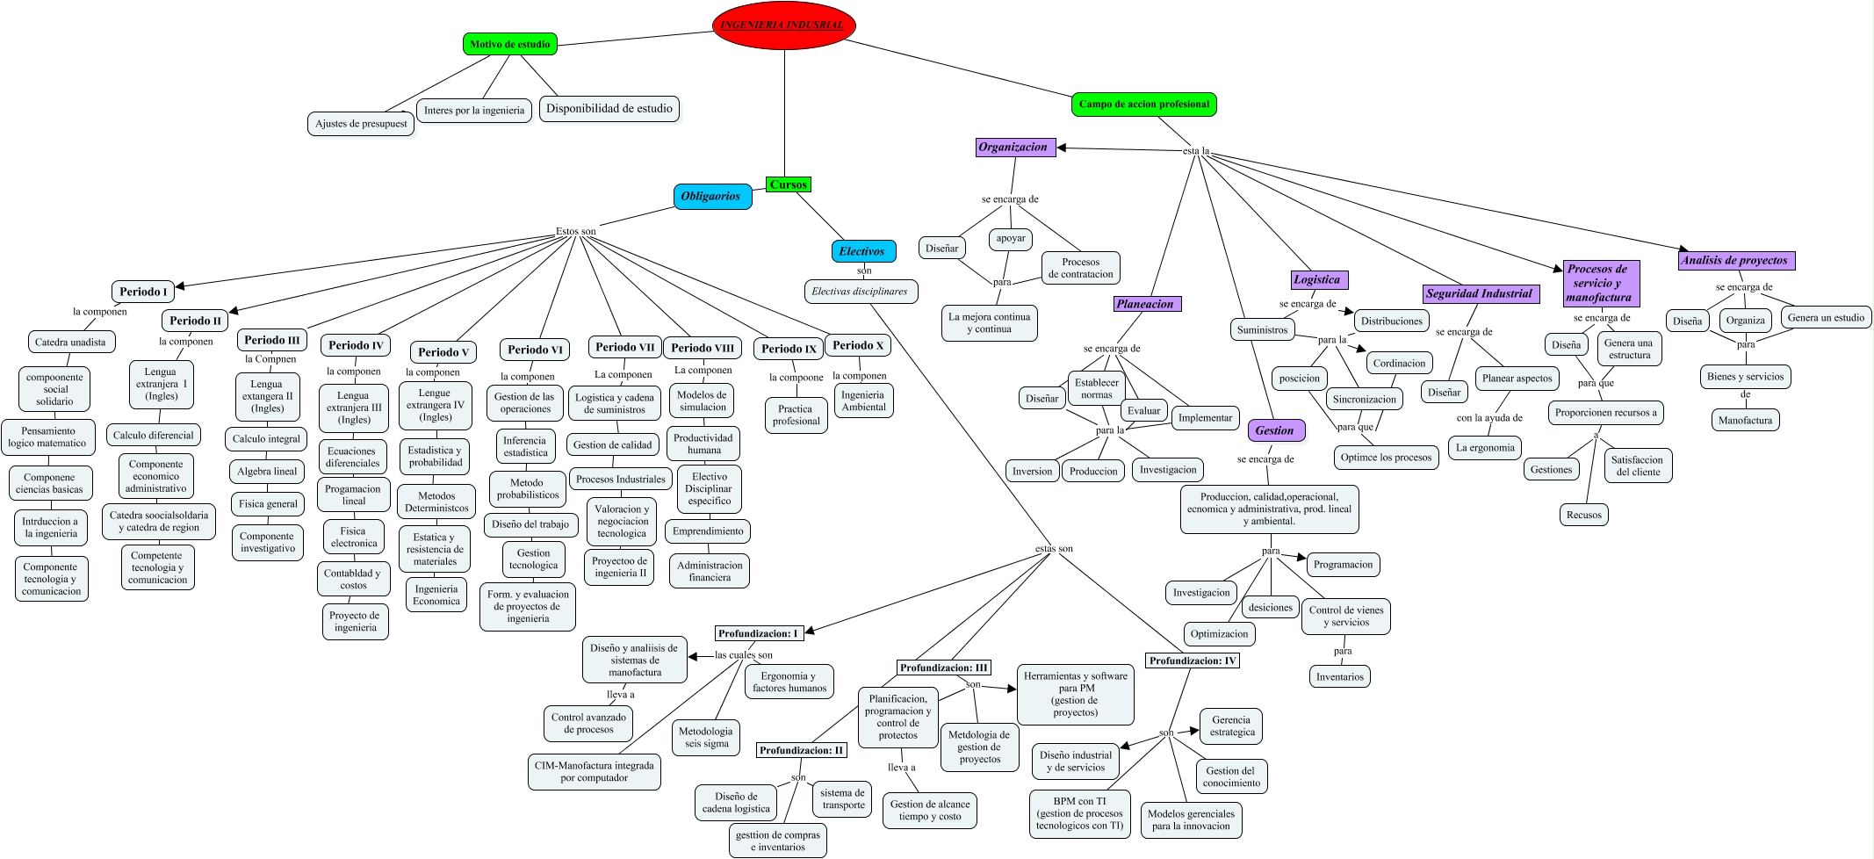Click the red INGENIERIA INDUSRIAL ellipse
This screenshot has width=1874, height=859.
pyautogui.click(x=783, y=25)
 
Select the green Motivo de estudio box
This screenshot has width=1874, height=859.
pyautogui.click(x=509, y=44)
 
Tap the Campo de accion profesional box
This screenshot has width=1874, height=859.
pyautogui.click(x=1143, y=105)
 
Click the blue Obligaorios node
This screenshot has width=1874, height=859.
pyautogui.click(x=711, y=197)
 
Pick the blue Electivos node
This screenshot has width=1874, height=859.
pyautogui.click(x=862, y=251)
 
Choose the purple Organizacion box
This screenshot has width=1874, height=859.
pyautogui.click(x=1013, y=148)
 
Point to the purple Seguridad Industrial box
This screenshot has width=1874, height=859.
pyautogui.click(x=1479, y=294)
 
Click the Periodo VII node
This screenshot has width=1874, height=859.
pyautogui.click(x=624, y=347)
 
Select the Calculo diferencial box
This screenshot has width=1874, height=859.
pyautogui.click(x=154, y=436)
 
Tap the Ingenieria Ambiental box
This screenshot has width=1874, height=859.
pyautogui.click(x=864, y=401)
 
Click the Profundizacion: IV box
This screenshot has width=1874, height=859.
pyautogui.click(x=1192, y=661)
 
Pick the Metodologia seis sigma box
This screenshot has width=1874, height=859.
pyautogui.click(x=706, y=737)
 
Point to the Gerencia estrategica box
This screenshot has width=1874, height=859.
pyautogui.click(x=1232, y=726)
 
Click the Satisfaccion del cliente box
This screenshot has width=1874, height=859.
pyautogui.click(x=1637, y=466)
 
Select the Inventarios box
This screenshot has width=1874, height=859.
pyautogui.click(x=1339, y=677)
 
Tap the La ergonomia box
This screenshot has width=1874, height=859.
pyautogui.click(x=1485, y=448)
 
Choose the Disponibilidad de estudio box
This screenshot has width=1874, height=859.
pyautogui.click(x=609, y=109)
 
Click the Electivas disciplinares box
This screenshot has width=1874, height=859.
pyautogui.click(x=860, y=292)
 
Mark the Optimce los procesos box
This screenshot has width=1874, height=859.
pyautogui.click(x=1386, y=458)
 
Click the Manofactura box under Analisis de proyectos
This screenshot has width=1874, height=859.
pyautogui.click(x=1745, y=421)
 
